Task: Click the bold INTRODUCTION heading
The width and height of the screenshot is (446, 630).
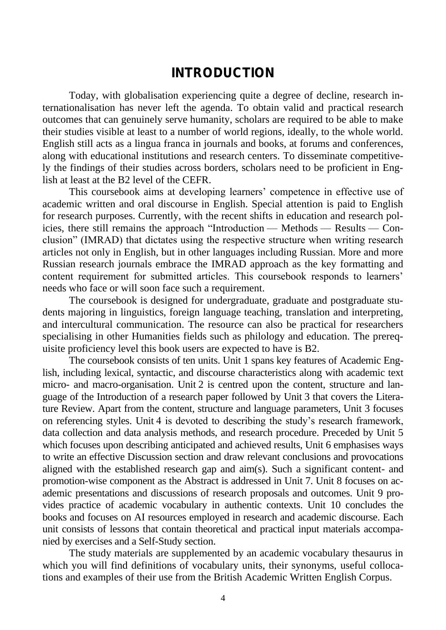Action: (223, 73)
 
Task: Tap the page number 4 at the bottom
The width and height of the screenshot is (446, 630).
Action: (223, 598)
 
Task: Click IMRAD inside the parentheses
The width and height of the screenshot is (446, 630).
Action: (108, 240)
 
